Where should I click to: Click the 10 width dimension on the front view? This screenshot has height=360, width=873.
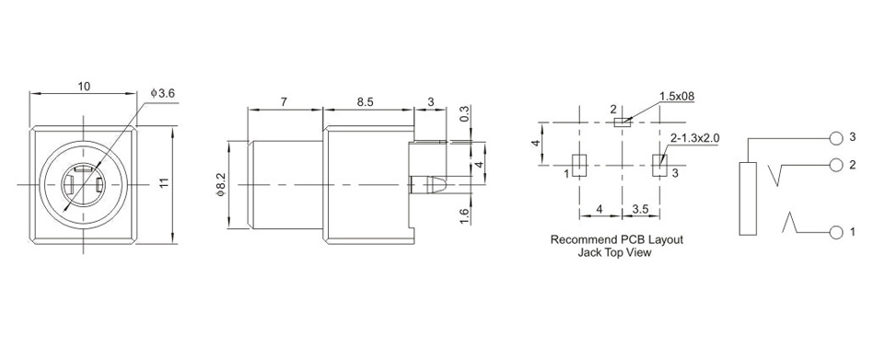coord(84,87)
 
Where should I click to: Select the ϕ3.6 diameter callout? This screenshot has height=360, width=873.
coord(163,93)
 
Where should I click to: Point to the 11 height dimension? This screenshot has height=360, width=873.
coord(164,184)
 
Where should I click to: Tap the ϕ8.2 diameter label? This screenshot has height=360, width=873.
coord(220,184)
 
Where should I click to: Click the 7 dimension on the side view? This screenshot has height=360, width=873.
coord(284,101)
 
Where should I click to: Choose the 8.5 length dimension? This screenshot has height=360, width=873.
coord(367,101)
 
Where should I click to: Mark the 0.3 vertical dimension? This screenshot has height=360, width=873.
coord(464,114)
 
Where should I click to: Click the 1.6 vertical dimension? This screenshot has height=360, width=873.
coord(464,215)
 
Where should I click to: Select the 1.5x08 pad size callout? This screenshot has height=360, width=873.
coord(677,97)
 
